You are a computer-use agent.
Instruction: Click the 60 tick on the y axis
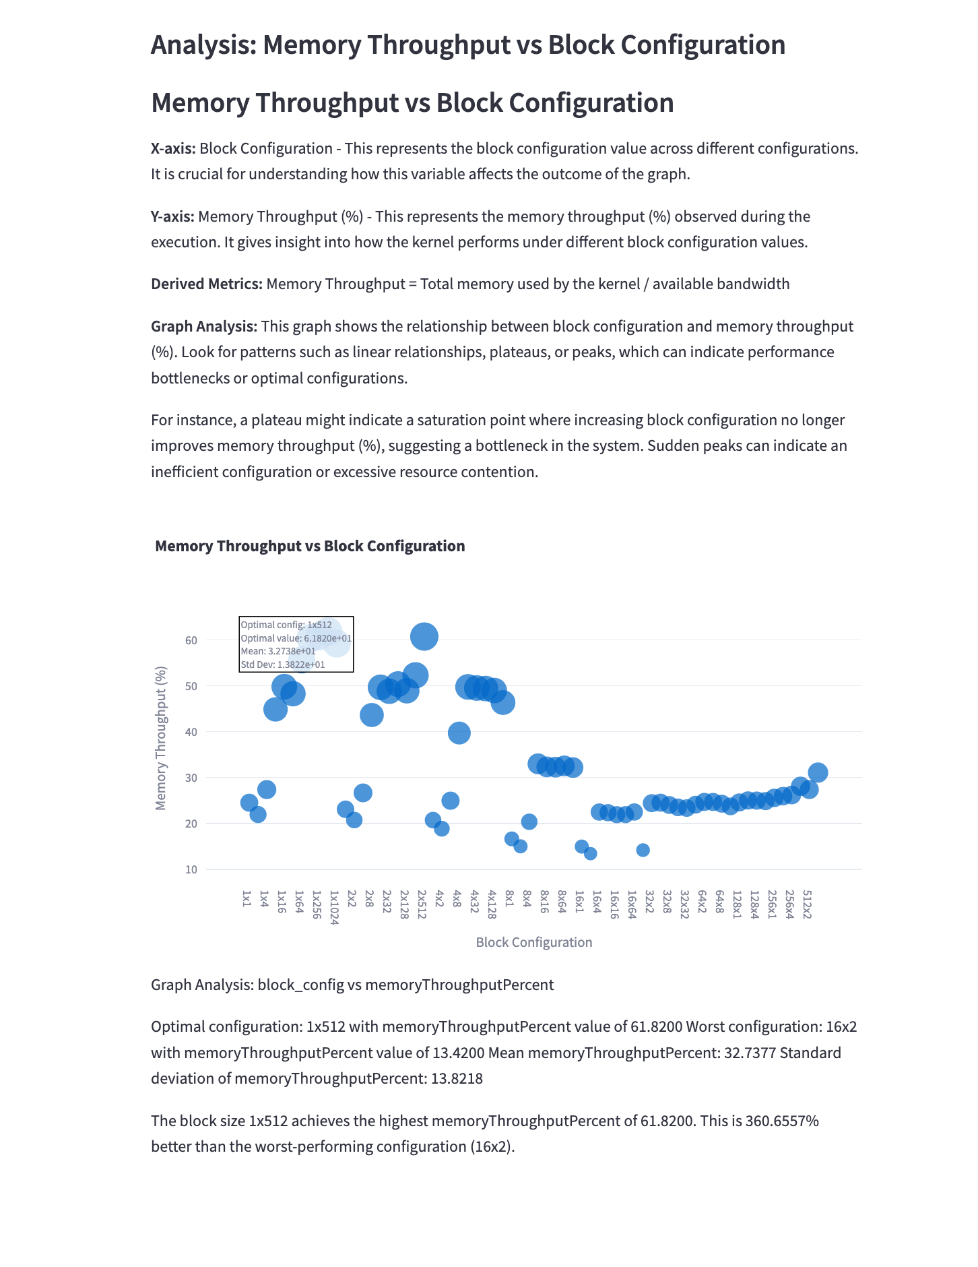[191, 640]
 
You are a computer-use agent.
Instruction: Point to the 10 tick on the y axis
[191, 869]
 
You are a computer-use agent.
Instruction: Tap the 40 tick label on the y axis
[191, 732]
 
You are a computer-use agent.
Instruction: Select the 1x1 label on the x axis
[247, 898]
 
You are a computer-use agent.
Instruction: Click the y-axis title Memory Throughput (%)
[161, 738]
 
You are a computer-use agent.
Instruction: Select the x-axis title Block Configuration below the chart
[534, 942]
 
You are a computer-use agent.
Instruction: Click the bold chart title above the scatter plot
[310, 546]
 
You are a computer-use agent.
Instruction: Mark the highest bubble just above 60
[424, 636]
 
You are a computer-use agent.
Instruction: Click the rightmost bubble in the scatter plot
[818, 772]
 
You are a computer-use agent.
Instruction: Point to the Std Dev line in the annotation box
[283, 665]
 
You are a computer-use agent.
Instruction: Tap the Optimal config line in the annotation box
[286, 625]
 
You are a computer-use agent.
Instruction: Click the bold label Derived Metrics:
[206, 284]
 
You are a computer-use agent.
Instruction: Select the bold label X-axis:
[172, 148]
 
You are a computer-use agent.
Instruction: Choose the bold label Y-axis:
[172, 216]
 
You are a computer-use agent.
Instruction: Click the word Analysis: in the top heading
[203, 45]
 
